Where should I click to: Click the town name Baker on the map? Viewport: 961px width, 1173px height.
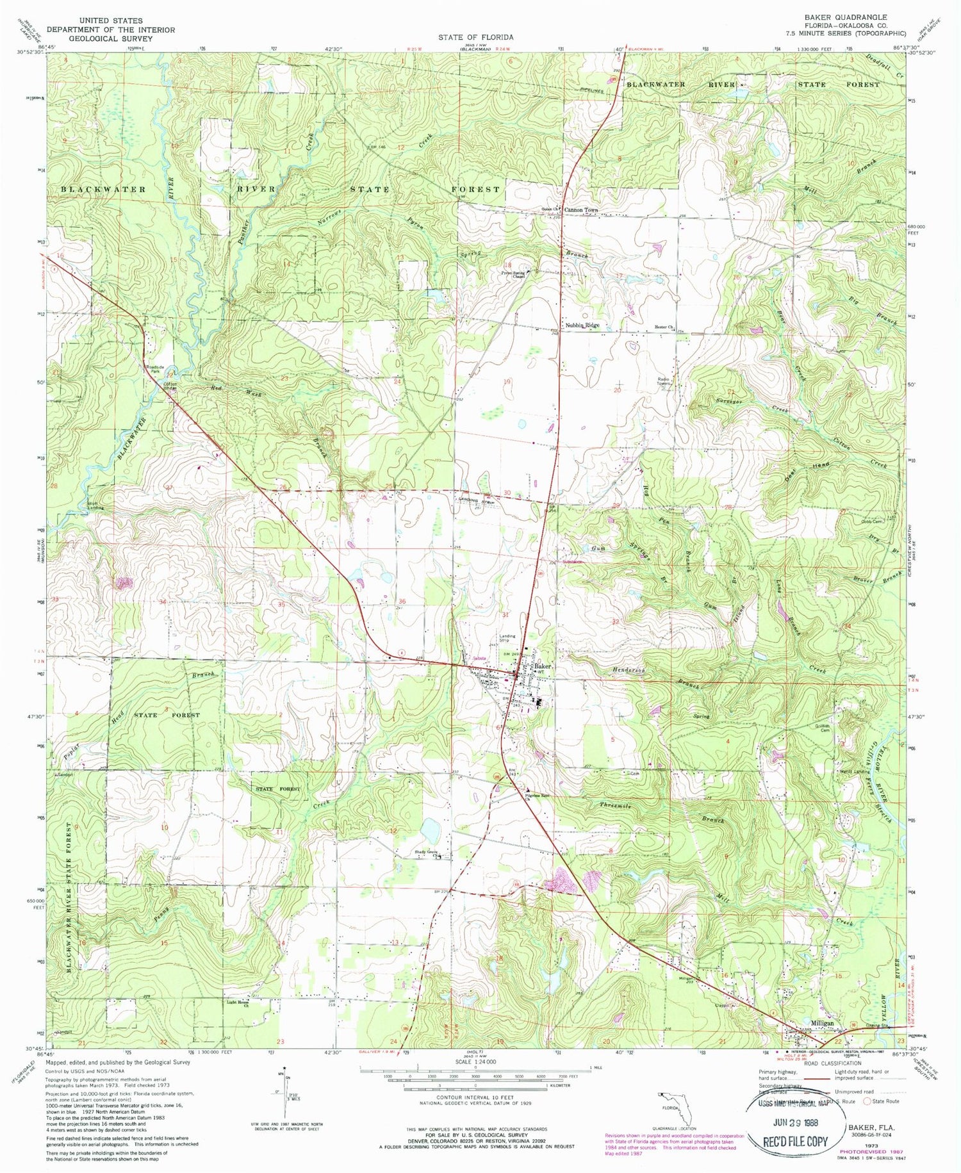pyautogui.click(x=543, y=666)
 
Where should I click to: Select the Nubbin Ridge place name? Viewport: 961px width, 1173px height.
pyautogui.click(x=582, y=325)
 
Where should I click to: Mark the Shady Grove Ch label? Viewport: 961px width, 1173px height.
pyautogui.click(x=429, y=853)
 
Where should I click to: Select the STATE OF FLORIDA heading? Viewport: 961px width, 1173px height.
pyautogui.click(x=475, y=37)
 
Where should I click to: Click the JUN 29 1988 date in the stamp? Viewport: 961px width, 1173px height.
pyautogui.click(x=794, y=1124)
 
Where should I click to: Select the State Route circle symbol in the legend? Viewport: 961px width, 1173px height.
pyautogui.click(x=867, y=1101)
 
